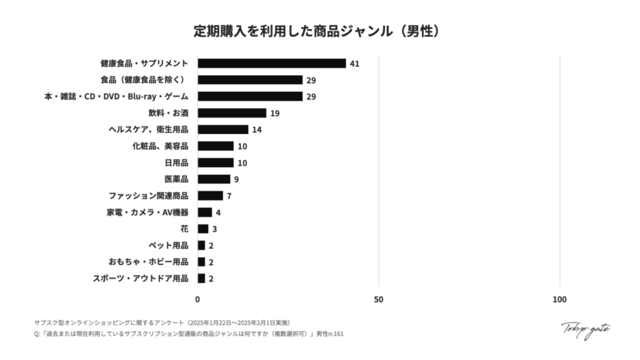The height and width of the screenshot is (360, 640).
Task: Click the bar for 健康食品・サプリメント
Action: (272, 63)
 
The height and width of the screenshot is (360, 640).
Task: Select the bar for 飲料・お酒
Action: (232, 113)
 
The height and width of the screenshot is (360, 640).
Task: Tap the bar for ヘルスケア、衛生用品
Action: (223, 129)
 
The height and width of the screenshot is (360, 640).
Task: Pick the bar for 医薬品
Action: (214, 179)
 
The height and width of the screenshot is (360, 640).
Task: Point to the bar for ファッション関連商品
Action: (210, 196)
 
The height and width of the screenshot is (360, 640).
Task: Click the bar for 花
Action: (203, 229)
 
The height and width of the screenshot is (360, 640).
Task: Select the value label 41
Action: (354, 64)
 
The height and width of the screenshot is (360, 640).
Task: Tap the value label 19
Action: (275, 113)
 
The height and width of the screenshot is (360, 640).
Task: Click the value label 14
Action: (257, 129)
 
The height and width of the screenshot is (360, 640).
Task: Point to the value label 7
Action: (229, 196)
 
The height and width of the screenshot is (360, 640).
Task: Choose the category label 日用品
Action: (176, 162)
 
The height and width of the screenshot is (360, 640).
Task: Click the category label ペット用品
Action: (168, 246)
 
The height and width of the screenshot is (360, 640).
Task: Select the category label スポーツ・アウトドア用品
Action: (140, 279)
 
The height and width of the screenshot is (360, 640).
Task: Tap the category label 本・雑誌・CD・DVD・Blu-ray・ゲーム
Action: (116, 96)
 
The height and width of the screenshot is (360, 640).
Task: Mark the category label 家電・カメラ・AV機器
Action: (147, 212)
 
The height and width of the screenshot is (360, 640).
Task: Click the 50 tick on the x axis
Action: (378, 299)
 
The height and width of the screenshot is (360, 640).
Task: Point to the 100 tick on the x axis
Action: (560, 299)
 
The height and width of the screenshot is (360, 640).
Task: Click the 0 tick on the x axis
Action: (197, 299)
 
